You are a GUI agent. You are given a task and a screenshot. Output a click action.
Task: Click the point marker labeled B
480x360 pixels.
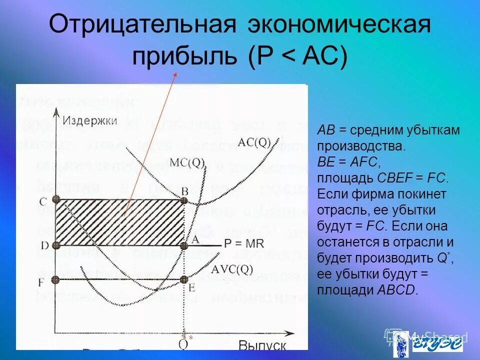point(183,200)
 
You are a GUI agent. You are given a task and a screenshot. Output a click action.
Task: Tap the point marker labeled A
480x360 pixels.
point(183,245)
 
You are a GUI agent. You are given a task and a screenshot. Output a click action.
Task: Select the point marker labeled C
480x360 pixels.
point(56,199)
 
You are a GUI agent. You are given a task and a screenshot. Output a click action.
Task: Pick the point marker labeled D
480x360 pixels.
point(56,245)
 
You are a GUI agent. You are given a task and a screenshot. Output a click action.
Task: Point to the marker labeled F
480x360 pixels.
point(56,279)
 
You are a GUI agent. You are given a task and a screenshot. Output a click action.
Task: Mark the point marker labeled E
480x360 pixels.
point(183,279)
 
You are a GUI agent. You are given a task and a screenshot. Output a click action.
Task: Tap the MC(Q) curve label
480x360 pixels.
point(187,162)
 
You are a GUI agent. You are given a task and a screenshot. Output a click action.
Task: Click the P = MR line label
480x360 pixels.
point(242,244)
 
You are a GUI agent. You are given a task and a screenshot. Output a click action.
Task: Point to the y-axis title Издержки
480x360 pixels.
point(90,120)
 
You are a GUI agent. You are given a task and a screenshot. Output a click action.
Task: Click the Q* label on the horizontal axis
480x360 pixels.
point(185,341)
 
